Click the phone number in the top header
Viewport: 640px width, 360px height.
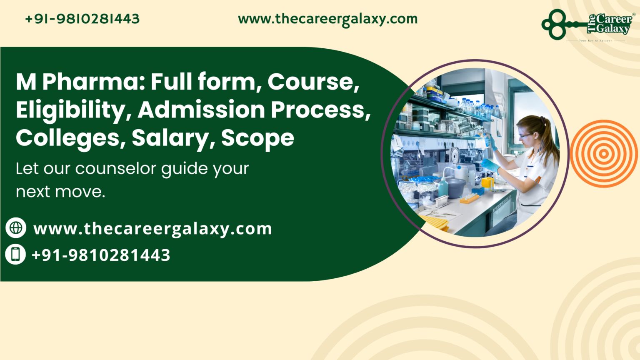pos(82,19)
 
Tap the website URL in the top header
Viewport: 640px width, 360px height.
pos(327,19)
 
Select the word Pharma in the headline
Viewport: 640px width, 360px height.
pos(93,82)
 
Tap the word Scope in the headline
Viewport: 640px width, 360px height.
pos(257,138)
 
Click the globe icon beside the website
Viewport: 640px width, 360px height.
pos(16,228)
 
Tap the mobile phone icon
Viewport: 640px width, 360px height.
pos(16,255)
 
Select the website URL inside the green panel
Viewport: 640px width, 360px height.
pos(152,229)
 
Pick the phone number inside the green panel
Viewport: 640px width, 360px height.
pos(101,255)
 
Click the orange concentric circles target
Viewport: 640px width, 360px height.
pos(603,154)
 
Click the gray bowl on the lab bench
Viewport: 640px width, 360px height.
pos(457,187)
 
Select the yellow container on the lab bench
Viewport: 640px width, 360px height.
pos(487,182)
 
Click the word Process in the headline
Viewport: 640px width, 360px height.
pos(320,110)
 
